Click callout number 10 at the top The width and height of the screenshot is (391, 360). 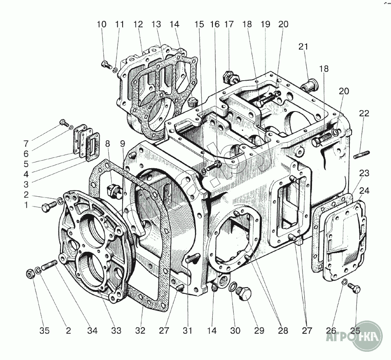click(102, 24)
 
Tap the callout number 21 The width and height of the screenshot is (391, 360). click(303, 47)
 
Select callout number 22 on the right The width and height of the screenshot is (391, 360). click(364, 113)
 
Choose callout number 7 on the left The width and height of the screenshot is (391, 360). click(26, 144)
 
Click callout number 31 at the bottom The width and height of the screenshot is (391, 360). click(188, 330)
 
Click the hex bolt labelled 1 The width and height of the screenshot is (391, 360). click(46, 208)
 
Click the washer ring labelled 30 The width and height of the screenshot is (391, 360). click(233, 286)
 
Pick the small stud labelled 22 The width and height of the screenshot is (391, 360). click(360, 156)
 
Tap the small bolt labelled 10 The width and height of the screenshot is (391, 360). click(105, 64)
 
